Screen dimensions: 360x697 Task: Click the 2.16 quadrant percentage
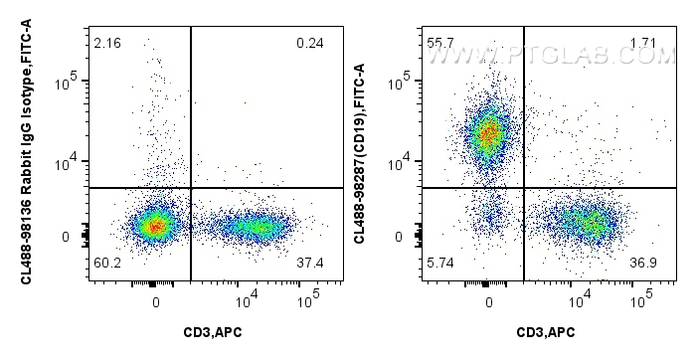pyautogui.click(x=105, y=43)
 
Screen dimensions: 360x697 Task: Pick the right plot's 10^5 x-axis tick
pyautogui.click(x=642, y=295)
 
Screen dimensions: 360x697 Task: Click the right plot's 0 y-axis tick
pyautogui.click(x=411, y=237)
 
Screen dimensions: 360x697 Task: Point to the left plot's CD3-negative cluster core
pyautogui.click(x=154, y=227)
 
